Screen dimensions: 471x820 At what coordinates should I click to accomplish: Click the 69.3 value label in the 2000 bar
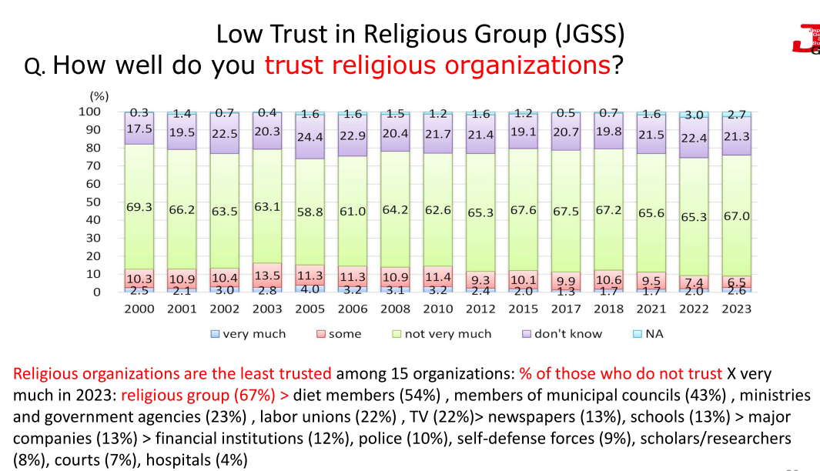pyautogui.click(x=139, y=208)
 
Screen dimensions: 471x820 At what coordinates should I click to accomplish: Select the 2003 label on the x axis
pyautogui.click(x=266, y=309)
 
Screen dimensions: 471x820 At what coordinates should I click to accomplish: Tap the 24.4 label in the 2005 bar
pyautogui.click(x=310, y=138)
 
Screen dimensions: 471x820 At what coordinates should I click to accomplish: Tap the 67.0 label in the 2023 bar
pyautogui.click(x=736, y=216)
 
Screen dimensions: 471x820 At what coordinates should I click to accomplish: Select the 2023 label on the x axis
pyautogui.click(x=736, y=309)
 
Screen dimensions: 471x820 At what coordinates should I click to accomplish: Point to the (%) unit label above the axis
pyautogui.click(x=99, y=96)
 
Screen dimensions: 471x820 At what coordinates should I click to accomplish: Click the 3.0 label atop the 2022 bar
pyautogui.click(x=694, y=115)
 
